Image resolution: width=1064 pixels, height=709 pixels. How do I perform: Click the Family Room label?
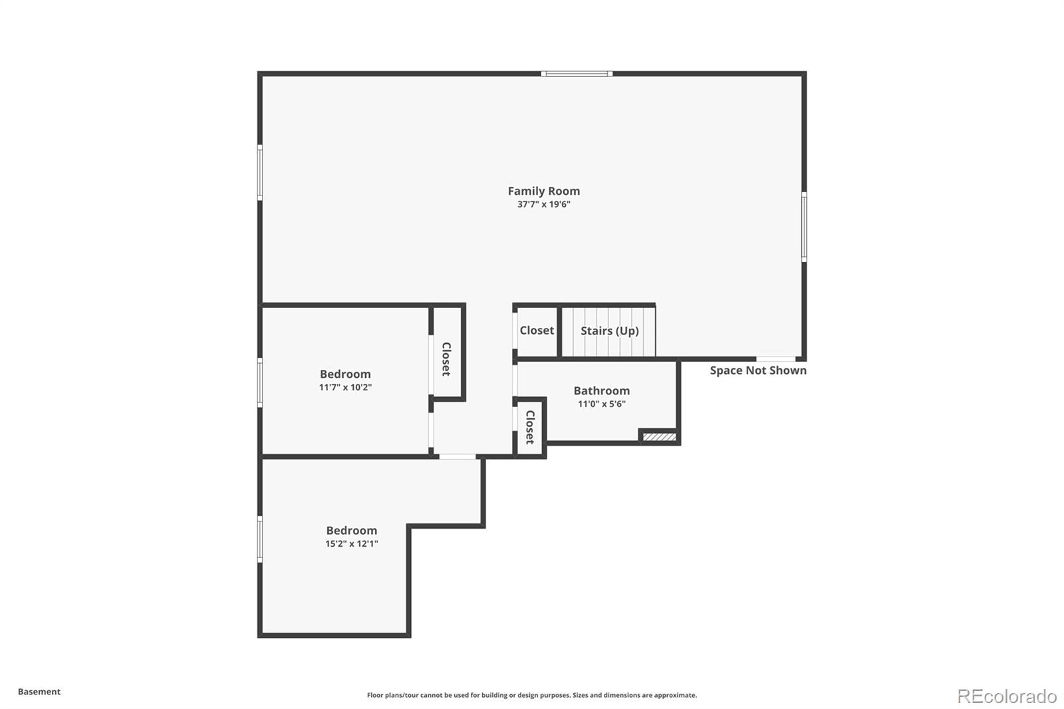[544, 191]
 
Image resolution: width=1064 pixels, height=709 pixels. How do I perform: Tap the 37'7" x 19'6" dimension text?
[544, 204]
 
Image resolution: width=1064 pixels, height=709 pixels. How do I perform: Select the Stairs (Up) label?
[609, 331]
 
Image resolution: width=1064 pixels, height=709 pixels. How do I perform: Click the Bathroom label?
[602, 390]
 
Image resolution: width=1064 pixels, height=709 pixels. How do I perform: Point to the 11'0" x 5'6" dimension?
[602, 404]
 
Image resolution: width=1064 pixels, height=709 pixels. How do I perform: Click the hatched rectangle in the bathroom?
[659, 437]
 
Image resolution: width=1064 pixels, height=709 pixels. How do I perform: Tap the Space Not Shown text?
[758, 370]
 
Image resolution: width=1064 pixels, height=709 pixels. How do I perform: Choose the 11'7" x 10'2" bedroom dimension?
[345, 387]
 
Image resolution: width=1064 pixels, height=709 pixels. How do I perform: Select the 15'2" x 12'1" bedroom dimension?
[352, 543]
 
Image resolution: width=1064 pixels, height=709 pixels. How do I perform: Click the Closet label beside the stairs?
[537, 331]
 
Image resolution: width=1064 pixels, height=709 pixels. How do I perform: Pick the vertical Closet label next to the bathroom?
[530, 427]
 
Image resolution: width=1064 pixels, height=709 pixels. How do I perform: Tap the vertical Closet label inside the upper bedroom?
[446, 359]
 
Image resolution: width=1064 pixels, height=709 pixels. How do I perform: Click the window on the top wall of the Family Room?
[577, 74]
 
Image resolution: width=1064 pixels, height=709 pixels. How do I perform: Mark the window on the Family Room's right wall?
[804, 227]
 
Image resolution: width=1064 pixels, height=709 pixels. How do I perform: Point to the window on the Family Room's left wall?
[260, 172]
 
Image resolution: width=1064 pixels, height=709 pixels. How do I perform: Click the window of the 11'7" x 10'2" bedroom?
[260, 382]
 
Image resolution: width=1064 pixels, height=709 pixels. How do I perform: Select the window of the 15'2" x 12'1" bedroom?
[260, 539]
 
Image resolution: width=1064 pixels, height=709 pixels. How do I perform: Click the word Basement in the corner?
[39, 692]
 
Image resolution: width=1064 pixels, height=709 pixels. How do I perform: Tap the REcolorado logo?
[1007, 696]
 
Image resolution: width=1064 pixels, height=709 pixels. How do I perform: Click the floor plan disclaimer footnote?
[532, 695]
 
